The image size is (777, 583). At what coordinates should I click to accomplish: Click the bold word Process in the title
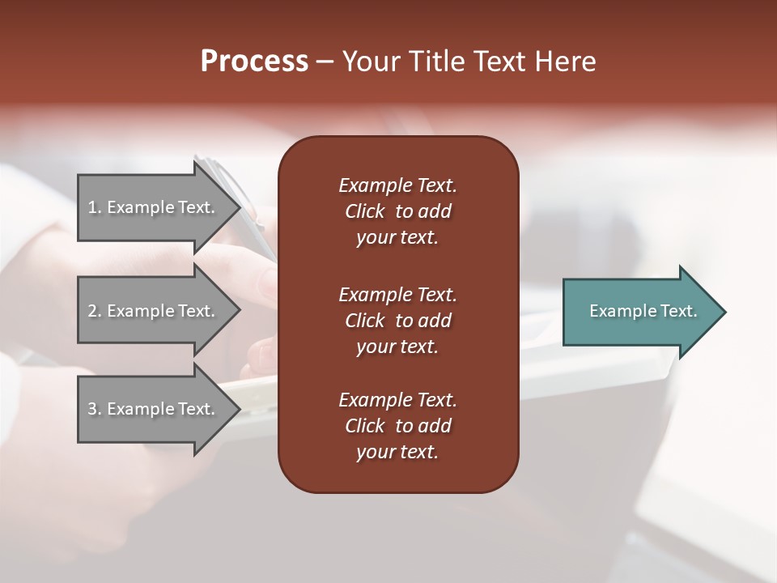pyautogui.click(x=254, y=62)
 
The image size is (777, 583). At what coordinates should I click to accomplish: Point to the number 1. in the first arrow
pyautogui.click(x=95, y=207)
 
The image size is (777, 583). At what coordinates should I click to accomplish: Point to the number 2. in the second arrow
pyautogui.click(x=95, y=311)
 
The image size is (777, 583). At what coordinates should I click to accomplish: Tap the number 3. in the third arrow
pyautogui.click(x=95, y=409)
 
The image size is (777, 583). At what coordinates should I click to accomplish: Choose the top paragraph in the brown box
pyautogui.click(x=397, y=211)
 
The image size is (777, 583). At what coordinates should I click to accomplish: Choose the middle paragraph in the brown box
pyautogui.click(x=397, y=320)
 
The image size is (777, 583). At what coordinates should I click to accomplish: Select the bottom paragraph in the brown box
pyautogui.click(x=397, y=426)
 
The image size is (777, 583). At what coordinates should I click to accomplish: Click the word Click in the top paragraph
pyautogui.click(x=364, y=211)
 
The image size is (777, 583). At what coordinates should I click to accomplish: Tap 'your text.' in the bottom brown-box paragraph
pyautogui.click(x=397, y=453)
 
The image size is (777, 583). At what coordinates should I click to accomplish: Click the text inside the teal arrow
pyautogui.click(x=643, y=311)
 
